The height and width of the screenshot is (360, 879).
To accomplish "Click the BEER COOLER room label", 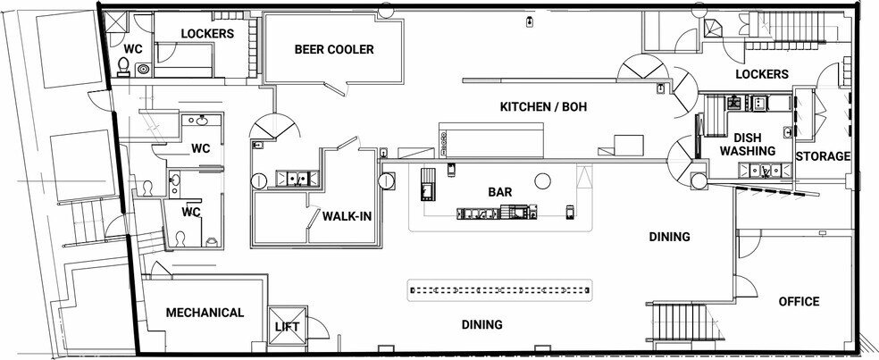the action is (x=334, y=49).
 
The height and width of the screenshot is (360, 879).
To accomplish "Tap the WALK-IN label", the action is (x=347, y=216).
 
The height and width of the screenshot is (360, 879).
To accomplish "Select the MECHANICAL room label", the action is (x=205, y=313).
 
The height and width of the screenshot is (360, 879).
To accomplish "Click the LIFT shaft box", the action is (x=288, y=326).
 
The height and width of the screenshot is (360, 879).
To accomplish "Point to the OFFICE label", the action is (x=799, y=302).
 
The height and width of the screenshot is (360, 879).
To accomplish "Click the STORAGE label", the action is (x=823, y=156).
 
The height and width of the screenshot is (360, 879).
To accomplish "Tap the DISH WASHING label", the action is (x=748, y=144).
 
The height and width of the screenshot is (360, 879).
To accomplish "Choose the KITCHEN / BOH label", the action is (x=543, y=106).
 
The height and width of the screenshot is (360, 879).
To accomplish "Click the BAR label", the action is (x=499, y=192).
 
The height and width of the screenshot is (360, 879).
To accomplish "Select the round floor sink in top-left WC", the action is (x=143, y=70).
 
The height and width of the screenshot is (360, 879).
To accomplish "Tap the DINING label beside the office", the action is (x=669, y=237).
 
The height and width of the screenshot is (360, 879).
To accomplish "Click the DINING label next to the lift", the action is (x=481, y=324).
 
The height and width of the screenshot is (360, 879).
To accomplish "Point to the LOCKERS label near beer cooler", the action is (x=207, y=34).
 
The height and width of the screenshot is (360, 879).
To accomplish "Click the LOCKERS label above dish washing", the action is (x=762, y=74).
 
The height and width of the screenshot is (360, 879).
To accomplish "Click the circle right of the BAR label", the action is (x=542, y=181).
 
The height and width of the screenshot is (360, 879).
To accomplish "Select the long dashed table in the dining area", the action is (x=499, y=290).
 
